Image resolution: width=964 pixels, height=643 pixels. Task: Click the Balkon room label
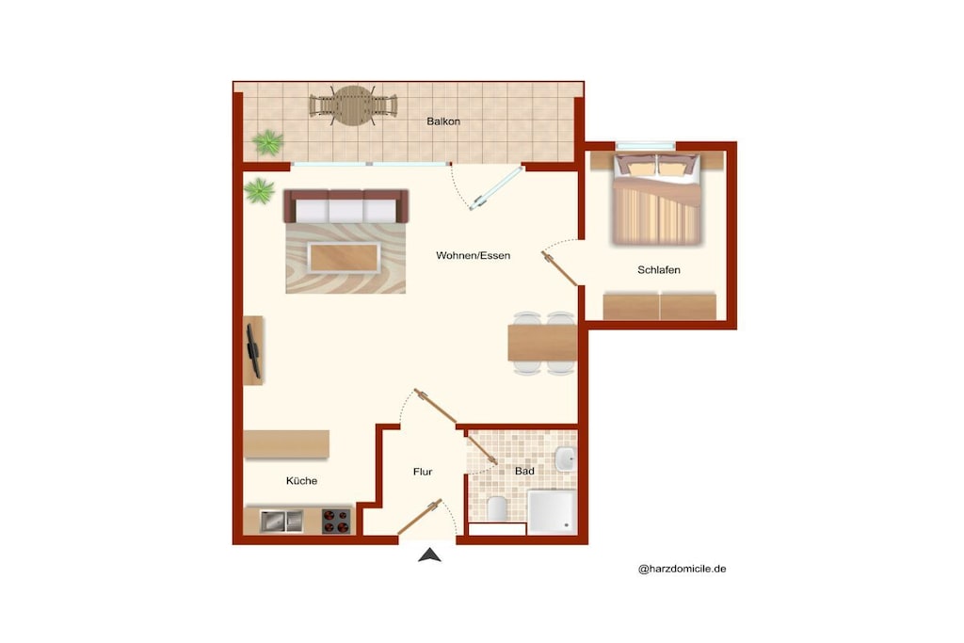[443, 121]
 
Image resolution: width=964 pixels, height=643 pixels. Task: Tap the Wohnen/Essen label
[473, 256]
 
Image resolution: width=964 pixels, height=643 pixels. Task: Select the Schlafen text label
[658, 270]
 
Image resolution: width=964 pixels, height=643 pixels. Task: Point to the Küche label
[302, 481]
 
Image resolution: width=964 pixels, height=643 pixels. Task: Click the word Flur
[423, 472]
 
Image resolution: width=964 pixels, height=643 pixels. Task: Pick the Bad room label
[524, 471]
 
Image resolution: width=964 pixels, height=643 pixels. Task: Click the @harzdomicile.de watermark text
[682, 569]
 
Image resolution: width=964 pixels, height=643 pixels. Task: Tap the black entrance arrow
[429, 555]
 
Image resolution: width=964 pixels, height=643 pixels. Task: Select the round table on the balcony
[353, 105]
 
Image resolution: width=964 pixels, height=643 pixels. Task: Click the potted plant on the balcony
[268, 142]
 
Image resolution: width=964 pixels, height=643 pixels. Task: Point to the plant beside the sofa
[260, 191]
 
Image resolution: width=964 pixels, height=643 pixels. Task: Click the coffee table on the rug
[344, 258]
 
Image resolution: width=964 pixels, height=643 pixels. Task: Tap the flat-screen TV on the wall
[252, 351]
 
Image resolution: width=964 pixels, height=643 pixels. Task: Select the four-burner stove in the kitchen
[336, 522]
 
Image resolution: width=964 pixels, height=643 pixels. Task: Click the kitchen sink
[281, 522]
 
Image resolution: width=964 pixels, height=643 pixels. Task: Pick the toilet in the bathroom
[497, 508]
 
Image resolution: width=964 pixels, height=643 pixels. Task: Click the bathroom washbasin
[565, 458]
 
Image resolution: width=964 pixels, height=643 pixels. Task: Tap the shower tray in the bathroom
[552, 511]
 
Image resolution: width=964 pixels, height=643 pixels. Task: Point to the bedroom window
[646, 146]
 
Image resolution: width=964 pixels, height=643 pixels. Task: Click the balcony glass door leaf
[496, 188]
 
